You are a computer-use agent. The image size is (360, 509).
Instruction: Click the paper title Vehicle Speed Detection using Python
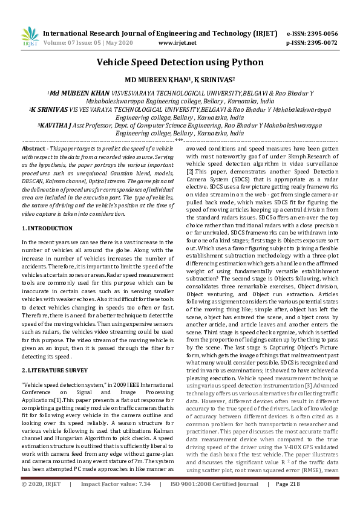pyautogui.click(x=179, y=62)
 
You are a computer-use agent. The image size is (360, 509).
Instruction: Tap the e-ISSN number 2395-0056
pyautogui.click(x=330, y=33)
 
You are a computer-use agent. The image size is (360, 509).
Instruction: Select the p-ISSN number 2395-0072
pyautogui.click(x=330, y=43)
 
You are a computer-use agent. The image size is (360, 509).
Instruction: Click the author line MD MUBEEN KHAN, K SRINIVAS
pyautogui.click(x=179, y=79)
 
